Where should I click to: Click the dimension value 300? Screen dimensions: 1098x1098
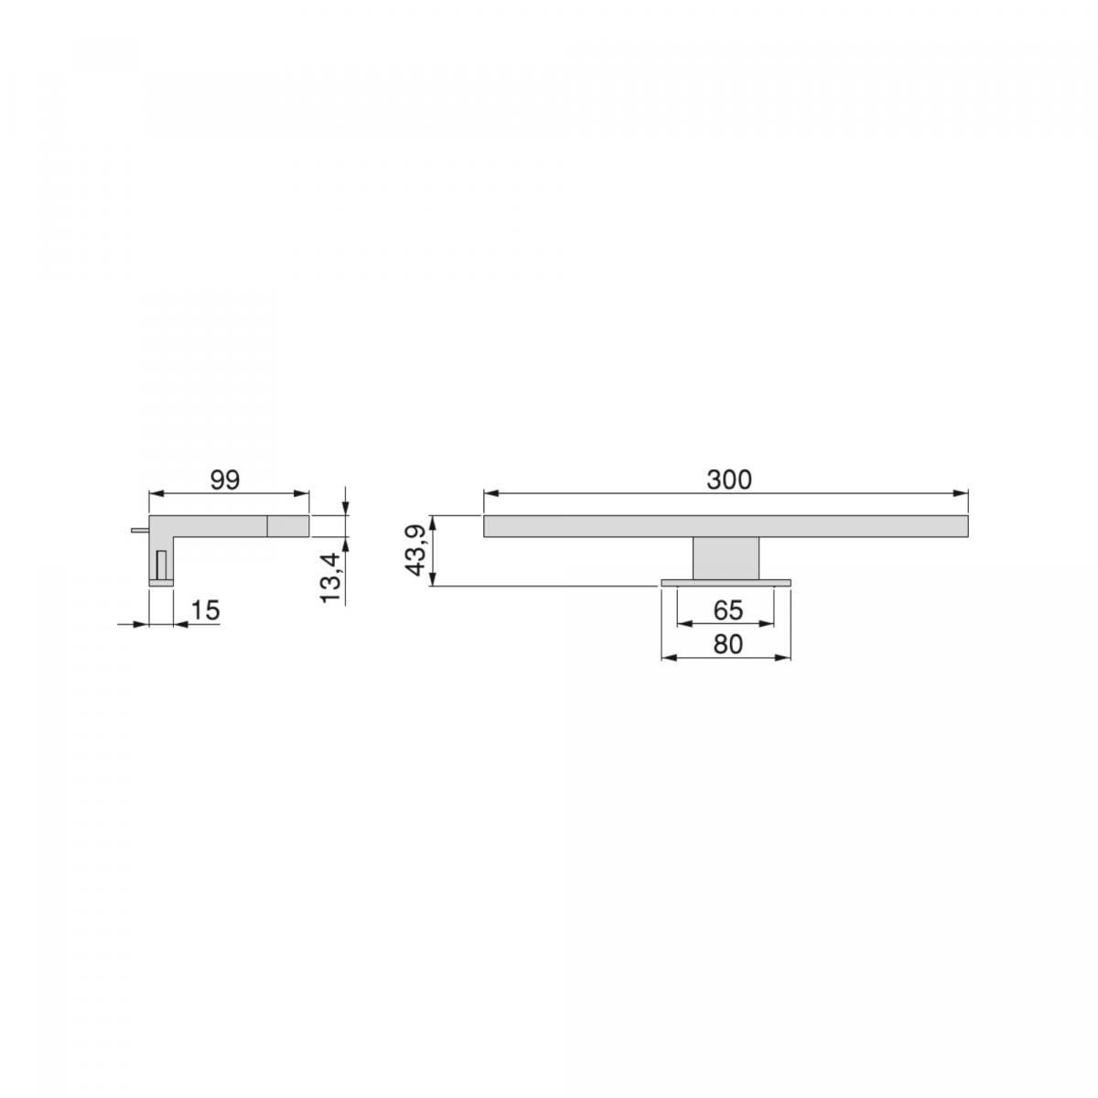(728, 479)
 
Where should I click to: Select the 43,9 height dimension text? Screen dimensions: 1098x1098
(415, 550)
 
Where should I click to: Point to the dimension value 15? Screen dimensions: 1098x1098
(206, 610)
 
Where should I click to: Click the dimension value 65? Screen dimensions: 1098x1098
(727, 609)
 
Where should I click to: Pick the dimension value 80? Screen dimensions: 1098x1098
(727, 644)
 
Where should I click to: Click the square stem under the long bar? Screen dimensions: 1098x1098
(726, 557)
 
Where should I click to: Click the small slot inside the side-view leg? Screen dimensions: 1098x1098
(162, 565)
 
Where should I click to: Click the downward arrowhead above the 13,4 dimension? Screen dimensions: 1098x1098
(345, 509)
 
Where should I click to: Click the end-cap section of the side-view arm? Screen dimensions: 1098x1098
(288, 525)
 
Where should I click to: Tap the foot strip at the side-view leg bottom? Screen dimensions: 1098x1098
(161, 582)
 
